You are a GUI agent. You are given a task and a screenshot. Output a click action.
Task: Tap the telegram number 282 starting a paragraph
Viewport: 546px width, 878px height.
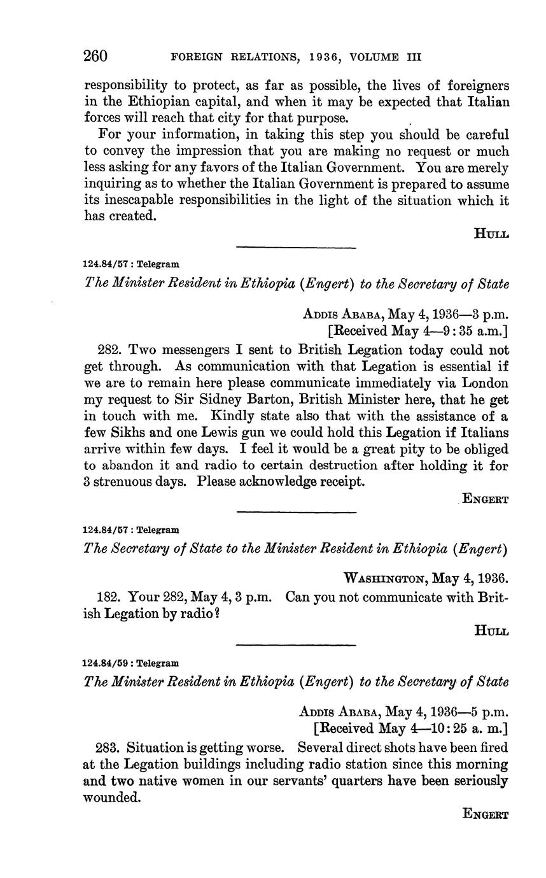pos(109,350)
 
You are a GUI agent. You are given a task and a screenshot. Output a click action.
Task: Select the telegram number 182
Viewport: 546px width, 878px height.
pos(109,598)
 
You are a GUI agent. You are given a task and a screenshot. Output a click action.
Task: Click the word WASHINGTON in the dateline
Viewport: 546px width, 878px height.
pos(384,579)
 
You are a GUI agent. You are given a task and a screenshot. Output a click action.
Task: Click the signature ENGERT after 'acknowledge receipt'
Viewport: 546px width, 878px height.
pos(485,499)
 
